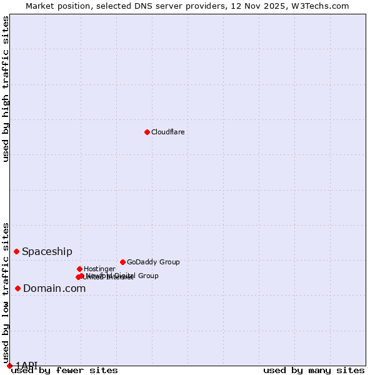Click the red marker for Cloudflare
pyautogui.click(x=147, y=132)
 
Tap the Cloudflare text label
pyautogui.click(x=167, y=132)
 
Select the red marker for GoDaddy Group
pyautogui.click(x=122, y=262)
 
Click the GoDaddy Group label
pyautogui.click(x=153, y=262)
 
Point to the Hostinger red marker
pyautogui.click(x=79, y=269)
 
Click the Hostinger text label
pyautogui.click(x=99, y=269)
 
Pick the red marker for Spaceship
pyautogui.click(x=16, y=251)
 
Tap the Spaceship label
pyautogui.click(x=47, y=251)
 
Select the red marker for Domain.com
pyautogui.click(x=17, y=288)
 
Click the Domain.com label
pyautogui.click(x=54, y=288)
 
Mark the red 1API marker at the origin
pyautogui.click(x=9, y=366)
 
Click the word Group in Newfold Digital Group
pyautogui.click(x=147, y=276)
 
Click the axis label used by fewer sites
pyautogui.click(x=64, y=370)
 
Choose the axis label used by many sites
pyautogui.click(x=314, y=370)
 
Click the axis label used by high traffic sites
pyautogui.click(x=6, y=89)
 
